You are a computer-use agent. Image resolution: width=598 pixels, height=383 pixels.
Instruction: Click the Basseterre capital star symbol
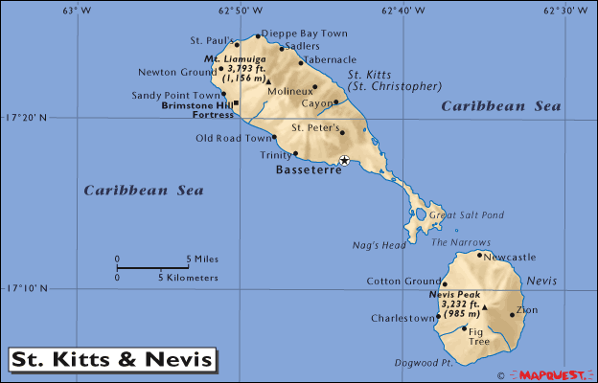tap(344, 160)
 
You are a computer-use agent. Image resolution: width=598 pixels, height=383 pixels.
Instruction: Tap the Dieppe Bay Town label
tap(304, 34)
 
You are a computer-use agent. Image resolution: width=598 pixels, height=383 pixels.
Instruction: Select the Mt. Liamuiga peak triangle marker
tap(269, 81)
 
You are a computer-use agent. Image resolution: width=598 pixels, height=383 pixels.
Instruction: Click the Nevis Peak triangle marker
tap(485, 307)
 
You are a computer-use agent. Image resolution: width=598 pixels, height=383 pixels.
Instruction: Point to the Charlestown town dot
tap(438, 316)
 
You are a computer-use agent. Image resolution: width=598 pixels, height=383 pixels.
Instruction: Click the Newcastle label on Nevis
tap(509, 257)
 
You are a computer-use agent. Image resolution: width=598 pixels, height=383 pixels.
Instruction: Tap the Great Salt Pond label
tap(466, 215)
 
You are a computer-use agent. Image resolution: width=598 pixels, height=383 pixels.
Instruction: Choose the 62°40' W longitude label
tap(404, 11)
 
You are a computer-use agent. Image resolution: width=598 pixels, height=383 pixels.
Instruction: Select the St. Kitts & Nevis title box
tap(112, 360)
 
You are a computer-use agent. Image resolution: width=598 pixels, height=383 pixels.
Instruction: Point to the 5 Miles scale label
tap(201, 259)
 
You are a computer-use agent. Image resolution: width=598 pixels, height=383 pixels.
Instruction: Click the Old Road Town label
tap(232, 138)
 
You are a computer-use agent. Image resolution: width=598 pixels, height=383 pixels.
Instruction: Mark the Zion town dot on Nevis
tap(512, 315)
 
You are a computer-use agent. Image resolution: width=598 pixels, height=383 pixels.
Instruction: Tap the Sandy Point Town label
tap(175, 95)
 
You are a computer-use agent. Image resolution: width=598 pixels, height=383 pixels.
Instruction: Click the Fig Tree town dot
tap(465, 328)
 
